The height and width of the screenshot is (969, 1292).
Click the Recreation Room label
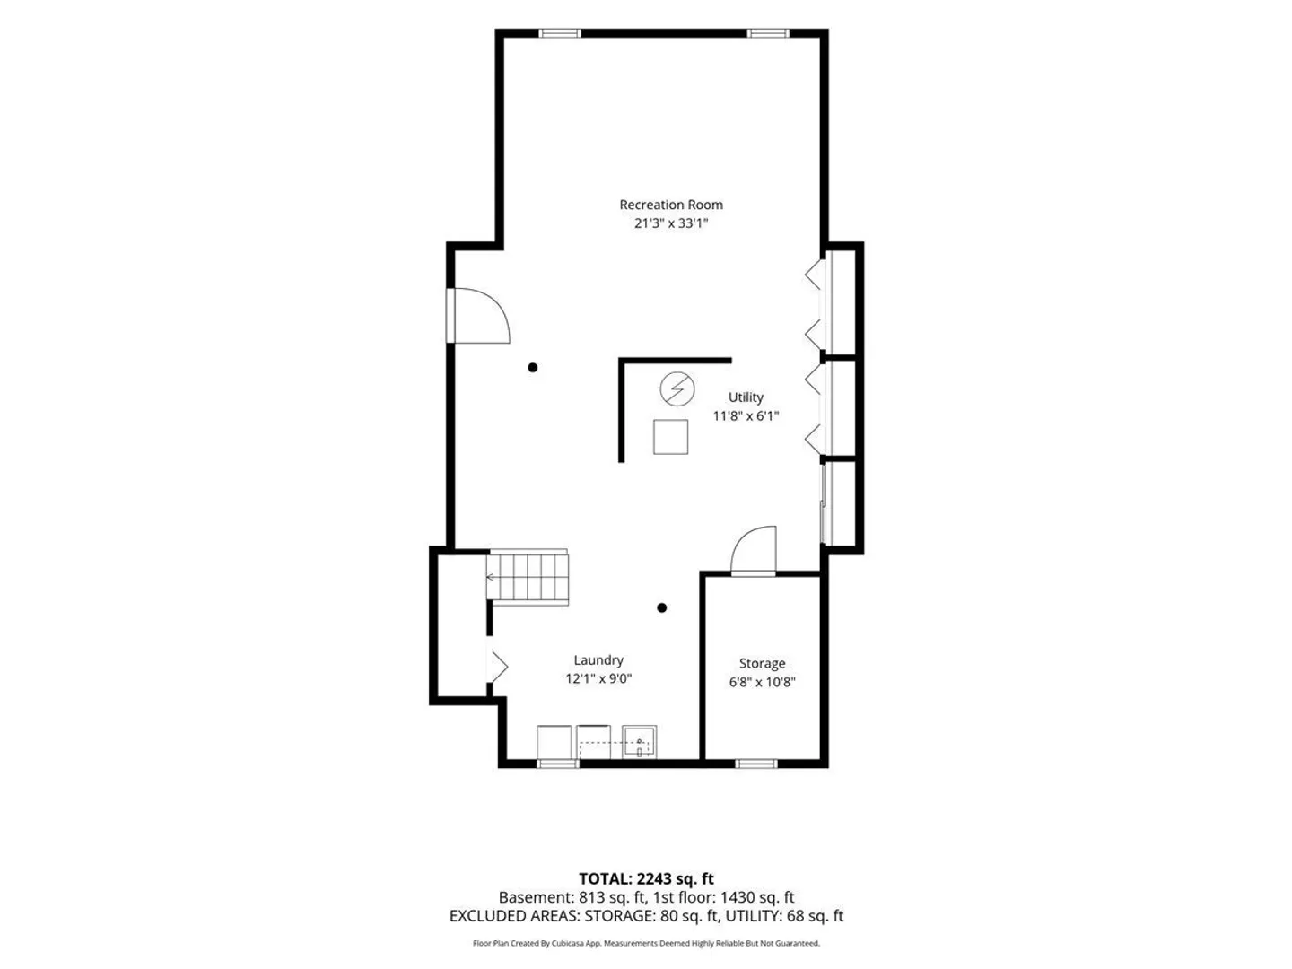(670, 205)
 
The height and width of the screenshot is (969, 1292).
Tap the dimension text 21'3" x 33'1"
(670, 223)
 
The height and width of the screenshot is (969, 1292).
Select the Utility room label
(746, 397)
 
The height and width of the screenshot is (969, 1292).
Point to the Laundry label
(598, 660)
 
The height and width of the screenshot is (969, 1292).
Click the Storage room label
(762, 664)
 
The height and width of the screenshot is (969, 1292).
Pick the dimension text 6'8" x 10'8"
(762, 682)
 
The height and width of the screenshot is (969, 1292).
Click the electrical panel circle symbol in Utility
(677, 388)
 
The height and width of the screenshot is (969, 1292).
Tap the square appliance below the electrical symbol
(670, 437)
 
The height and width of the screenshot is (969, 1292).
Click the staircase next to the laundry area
(528, 577)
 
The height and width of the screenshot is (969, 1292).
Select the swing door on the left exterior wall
(478, 315)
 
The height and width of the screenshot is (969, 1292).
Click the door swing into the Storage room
(754, 549)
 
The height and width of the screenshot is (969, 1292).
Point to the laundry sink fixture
(639, 743)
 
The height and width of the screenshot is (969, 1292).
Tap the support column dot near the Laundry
(661, 607)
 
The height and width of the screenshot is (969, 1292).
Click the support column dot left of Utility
(532, 368)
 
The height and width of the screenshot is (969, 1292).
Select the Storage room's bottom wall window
(755, 764)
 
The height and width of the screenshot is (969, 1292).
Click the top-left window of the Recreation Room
(560, 33)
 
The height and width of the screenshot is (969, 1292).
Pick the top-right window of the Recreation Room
(767, 33)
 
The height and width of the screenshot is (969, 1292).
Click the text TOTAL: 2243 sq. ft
(646, 879)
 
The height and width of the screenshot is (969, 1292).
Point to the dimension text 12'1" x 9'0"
(598, 678)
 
